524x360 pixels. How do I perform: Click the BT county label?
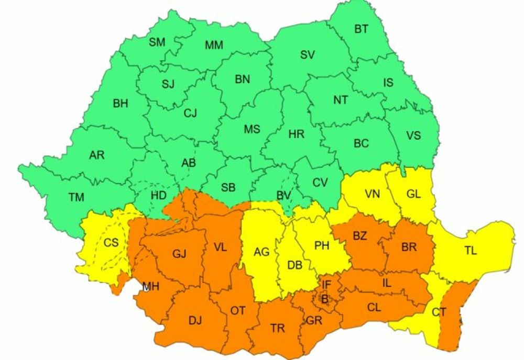[x=361, y=29]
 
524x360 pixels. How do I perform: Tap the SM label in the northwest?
[x=157, y=42]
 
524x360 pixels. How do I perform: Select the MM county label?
[x=214, y=45]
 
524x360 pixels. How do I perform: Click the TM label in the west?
[x=76, y=197]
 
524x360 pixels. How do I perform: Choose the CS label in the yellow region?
[x=111, y=242]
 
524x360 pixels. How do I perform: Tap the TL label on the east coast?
[x=470, y=251]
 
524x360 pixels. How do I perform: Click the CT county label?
[x=439, y=313]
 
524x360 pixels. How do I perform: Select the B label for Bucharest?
[x=324, y=299]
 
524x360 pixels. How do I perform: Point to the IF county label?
[x=326, y=285]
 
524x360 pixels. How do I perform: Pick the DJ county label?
[x=194, y=320]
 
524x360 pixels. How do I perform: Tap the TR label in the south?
[x=278, y=328]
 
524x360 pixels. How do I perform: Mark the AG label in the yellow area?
[x=261, y=252]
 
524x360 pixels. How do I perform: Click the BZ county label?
[x=359, y=236]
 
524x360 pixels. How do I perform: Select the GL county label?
[x=413, y=194]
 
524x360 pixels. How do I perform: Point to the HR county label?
[x=296, y=134]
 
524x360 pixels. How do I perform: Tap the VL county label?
[x=220, y=248]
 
